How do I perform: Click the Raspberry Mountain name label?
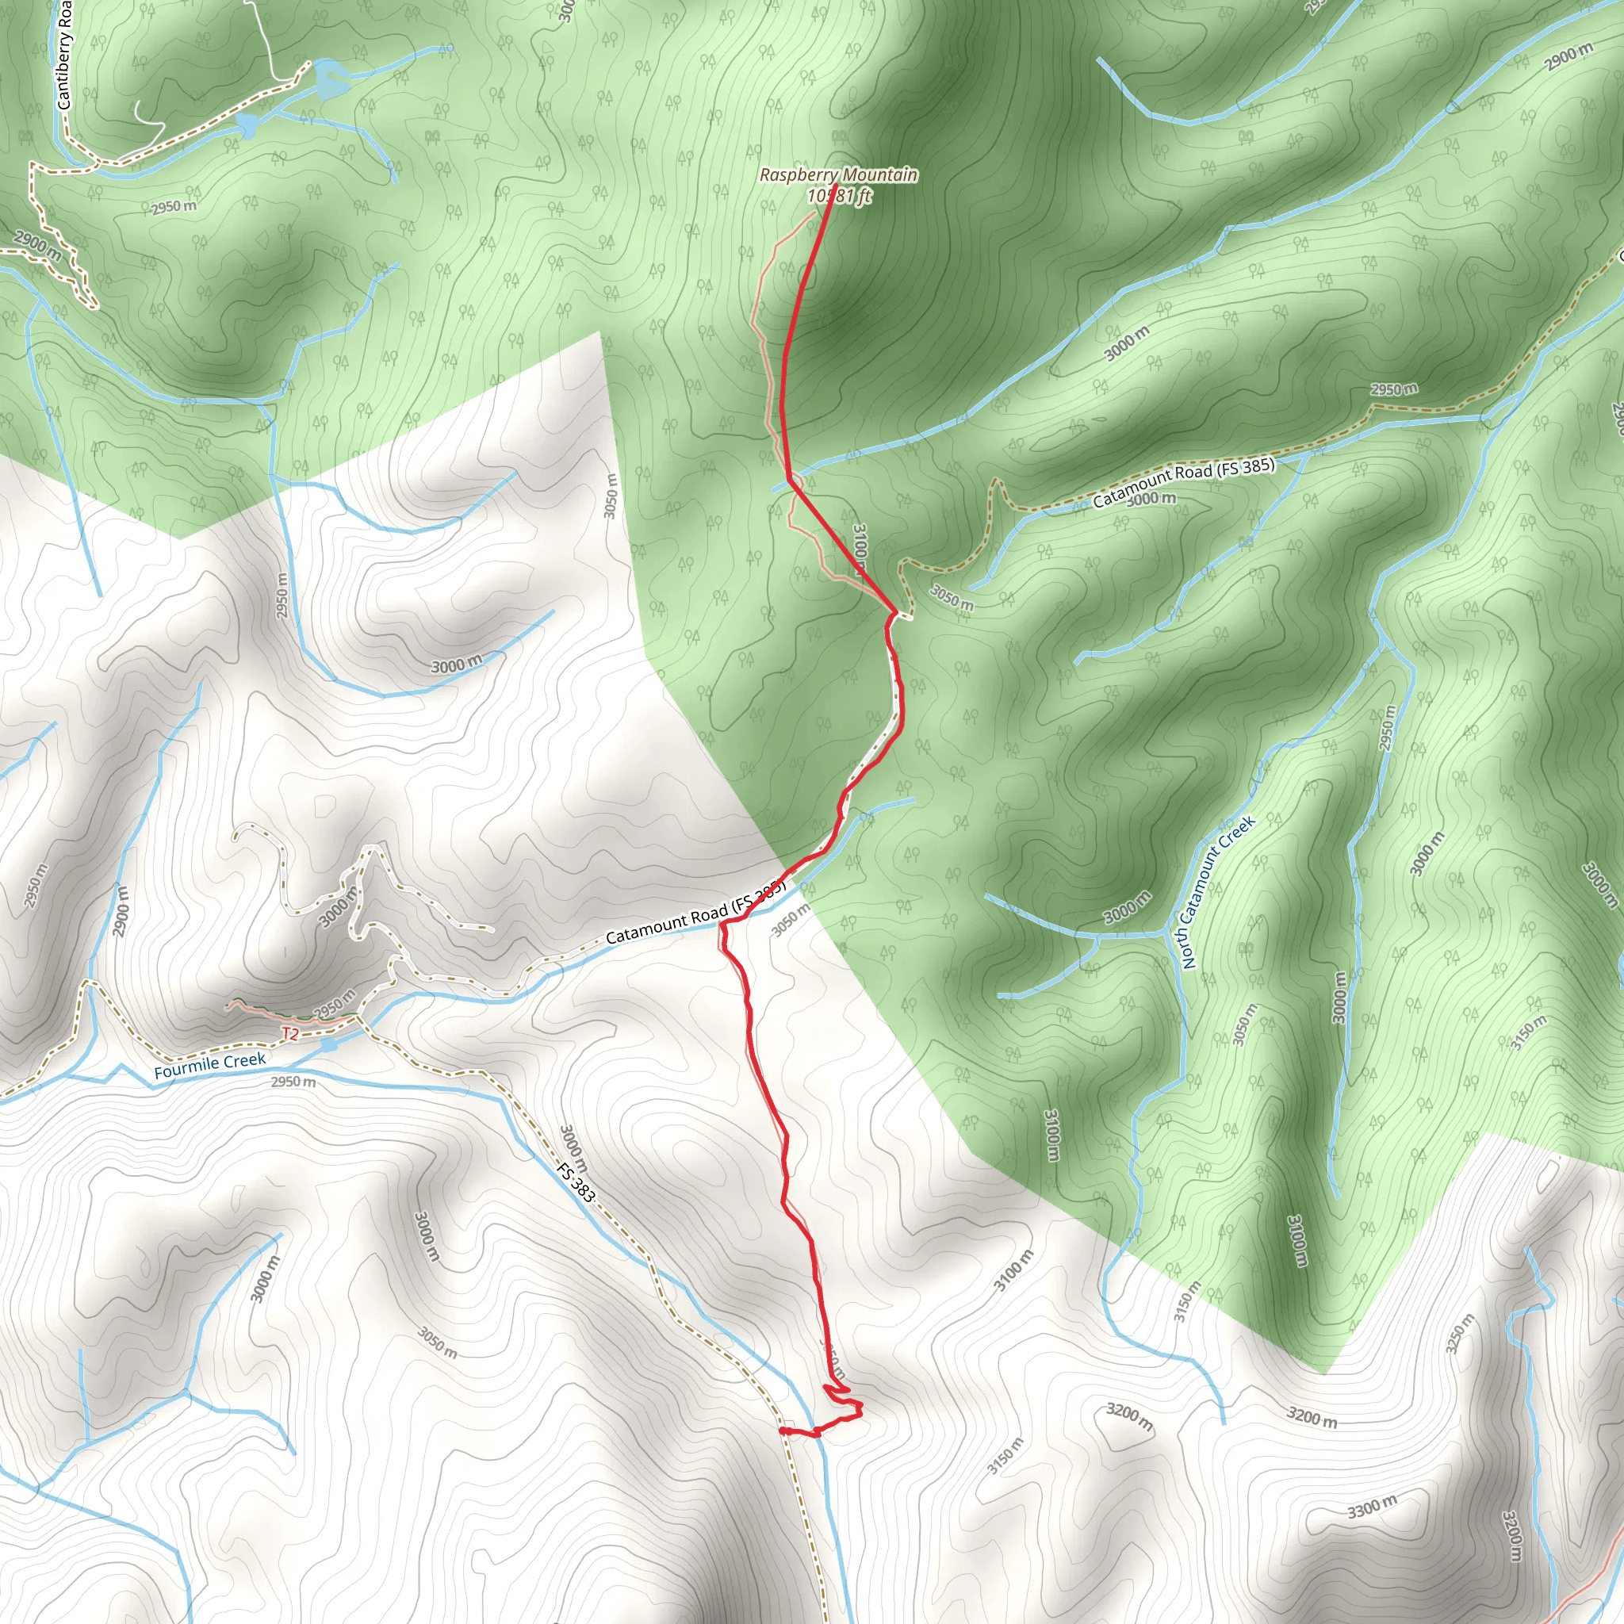coord(838,174)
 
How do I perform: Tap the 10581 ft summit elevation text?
coord(838,196)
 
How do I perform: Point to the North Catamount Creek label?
coord(1217,892)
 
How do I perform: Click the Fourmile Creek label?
coord(209,1063)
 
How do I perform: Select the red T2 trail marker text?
coord(290,1034)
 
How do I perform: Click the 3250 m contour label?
coord(1460,1334)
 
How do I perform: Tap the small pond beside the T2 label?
coord(328,1045)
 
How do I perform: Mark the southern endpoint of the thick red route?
coord(782,1430)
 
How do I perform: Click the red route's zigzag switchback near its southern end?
coord(843,1400)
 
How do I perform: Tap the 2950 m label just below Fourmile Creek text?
coord(293,1081)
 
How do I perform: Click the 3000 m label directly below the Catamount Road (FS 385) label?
coord(1151,499)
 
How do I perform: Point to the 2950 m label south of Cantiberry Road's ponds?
coord(174,206)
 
